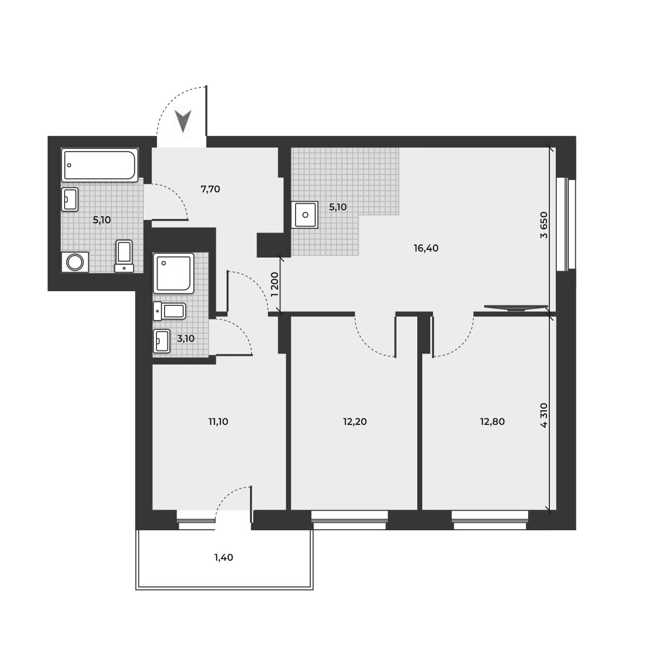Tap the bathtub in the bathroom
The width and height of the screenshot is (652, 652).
[99, 165]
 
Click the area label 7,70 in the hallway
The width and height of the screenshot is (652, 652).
[210, 190]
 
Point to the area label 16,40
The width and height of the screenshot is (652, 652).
[425, 248]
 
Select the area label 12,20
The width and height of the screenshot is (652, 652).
[355, 421]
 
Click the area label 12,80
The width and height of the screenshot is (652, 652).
[493, 421]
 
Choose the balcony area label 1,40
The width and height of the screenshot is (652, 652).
[223, 557]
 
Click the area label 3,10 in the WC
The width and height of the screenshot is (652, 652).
[186, 338]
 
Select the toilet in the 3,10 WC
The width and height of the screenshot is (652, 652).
[171, 311]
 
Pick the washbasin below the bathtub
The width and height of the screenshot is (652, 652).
[71, 199]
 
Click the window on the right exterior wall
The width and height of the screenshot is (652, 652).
[568, 223]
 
